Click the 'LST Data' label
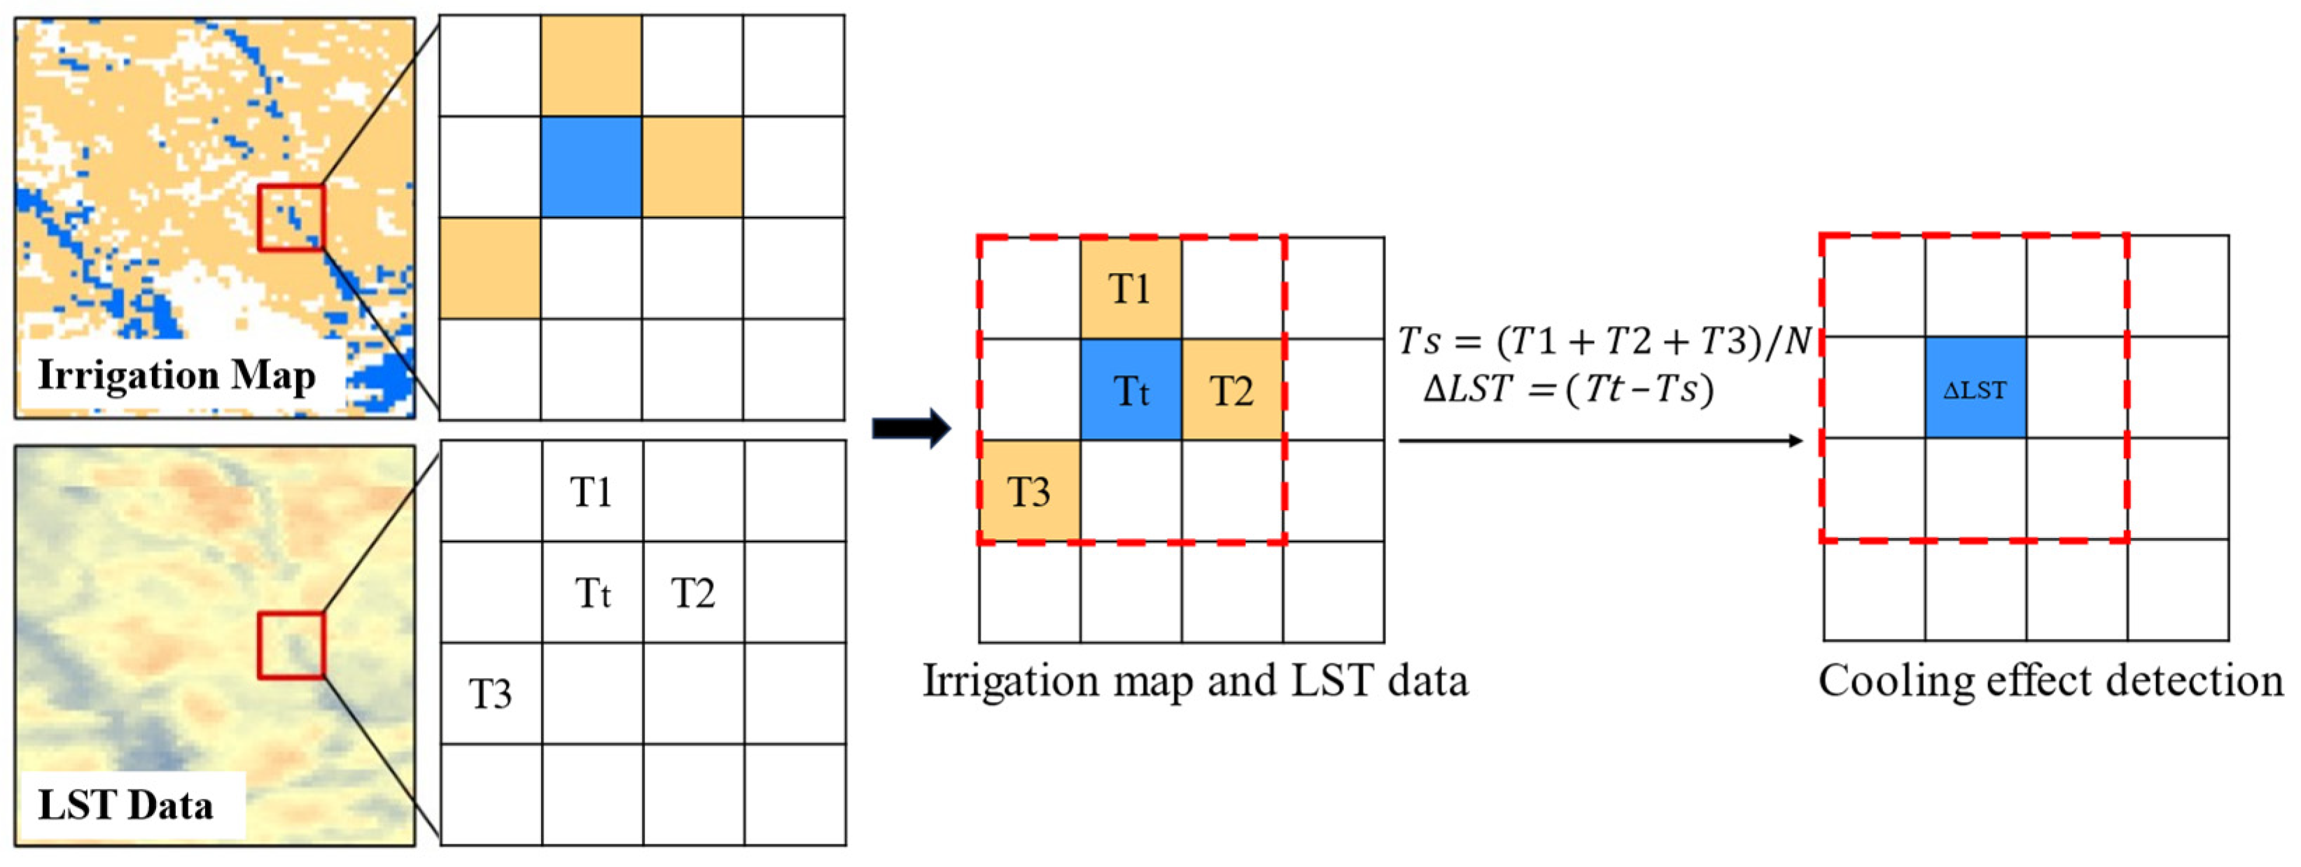(125, 805)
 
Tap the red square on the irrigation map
(291, 217)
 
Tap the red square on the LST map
(291, 644)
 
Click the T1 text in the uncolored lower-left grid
(592, 492)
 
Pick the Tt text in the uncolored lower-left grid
(593, 593)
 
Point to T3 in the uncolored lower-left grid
(491, 693)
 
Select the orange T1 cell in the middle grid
(1130, 288)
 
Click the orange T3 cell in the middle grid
(1029, 491)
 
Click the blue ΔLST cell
(1975, 388)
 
